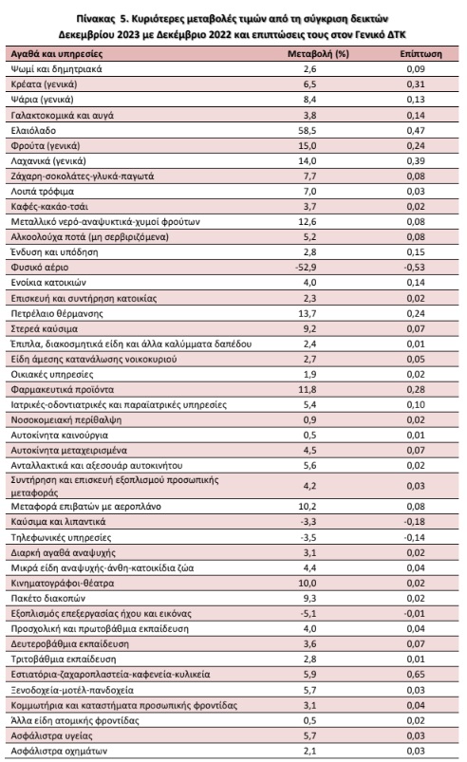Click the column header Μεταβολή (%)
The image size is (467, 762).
(x=318, y=53)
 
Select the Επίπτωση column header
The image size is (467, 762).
(x=420, y=53)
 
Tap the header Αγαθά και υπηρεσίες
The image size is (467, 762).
(x=57, y=53)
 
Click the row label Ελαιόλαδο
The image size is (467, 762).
(x=33, y=130)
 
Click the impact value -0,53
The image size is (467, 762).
(x=414, y=267)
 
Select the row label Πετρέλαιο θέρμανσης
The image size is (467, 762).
(x=57, y=313)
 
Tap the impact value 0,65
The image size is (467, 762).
(x=416, y=674)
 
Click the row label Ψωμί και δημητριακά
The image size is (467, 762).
(x=56, y=69)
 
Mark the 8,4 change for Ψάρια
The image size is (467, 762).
(x=310, y=99)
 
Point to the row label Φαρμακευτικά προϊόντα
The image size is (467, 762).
(x=63, y=389)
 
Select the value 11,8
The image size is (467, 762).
(x=308, y=389)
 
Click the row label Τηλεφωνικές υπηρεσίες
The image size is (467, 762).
(x=62, y=537)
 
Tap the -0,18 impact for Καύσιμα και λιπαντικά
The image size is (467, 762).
(x=414, y=522)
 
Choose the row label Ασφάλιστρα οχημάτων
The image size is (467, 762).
(x=59, y=751)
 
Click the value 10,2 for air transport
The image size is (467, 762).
(x=308, y=507)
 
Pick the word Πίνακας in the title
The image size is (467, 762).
(x=94, y=19)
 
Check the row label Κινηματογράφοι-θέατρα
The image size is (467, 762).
(x=63, y=583)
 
